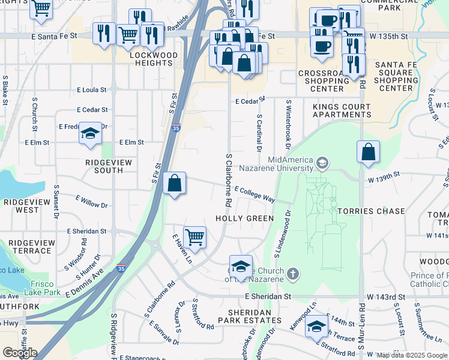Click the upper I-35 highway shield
point(175,128)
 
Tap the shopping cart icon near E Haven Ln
point(194,237)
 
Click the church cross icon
point(292,274)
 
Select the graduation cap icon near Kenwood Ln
point(316,327)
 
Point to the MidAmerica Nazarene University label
point(291,164)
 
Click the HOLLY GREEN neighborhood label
point(244,219)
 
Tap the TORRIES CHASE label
point(372,211)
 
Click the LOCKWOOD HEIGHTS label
point(154,59)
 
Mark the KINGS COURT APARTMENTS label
point(342,110)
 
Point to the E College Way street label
point(255,193)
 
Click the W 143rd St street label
point(383,297)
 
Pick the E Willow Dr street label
point(91,201)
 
